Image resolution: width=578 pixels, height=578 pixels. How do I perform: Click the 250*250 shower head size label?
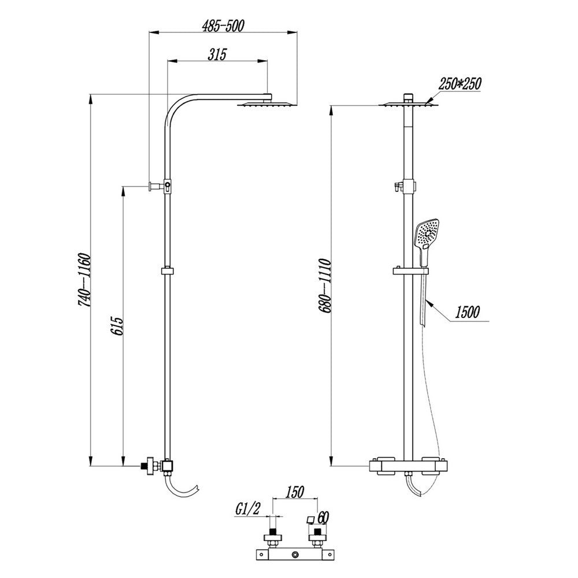point(460,84)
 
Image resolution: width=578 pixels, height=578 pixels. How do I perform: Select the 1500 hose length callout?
point(466,312)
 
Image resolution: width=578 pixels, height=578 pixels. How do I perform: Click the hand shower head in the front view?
point(427,234)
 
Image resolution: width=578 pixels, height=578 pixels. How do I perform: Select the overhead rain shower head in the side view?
point(259,105)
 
